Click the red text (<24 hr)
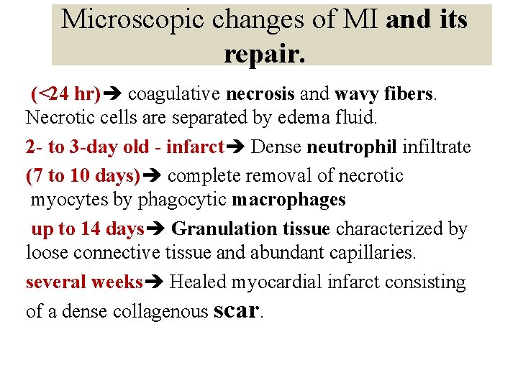pos(65,94)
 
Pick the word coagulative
pos(175,94)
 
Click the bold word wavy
pos(357,94)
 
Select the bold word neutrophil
pos(352,147)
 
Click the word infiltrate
pos(437,147)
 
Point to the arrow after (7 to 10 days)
pos(153,176)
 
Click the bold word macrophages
pos(288,200)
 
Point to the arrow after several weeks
pos(155,282)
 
